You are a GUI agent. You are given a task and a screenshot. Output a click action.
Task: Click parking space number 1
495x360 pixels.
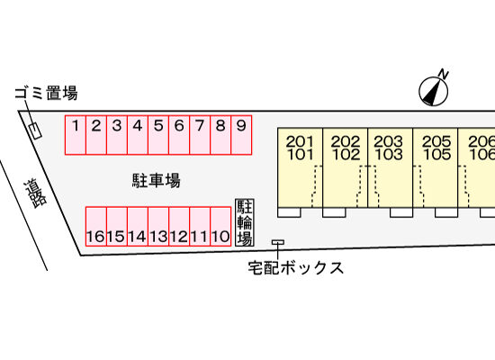coord(76,135)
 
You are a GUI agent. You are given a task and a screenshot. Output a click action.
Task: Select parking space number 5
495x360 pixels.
coord(158,135)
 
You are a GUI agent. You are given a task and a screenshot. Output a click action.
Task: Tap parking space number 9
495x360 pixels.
coord(241,135)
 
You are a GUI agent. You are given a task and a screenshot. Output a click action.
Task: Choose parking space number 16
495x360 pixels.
coord(96,227)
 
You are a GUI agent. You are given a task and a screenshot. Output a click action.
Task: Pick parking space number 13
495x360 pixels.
coord(158,227)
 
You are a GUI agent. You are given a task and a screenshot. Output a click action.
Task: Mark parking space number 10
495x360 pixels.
coord(220,227)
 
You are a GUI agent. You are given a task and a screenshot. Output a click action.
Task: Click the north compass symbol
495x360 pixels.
coord(434,90)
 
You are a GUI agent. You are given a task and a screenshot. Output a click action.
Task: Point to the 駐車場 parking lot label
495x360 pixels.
coord(156,180)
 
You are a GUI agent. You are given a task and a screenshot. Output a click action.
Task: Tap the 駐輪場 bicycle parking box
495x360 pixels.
coord(245,222)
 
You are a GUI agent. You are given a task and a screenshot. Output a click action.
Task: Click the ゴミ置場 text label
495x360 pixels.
coord(47,94)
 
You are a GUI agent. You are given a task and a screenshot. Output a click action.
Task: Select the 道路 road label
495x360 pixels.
coord(35,193)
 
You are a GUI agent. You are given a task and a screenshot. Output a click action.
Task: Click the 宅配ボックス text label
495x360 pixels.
coord(296,268)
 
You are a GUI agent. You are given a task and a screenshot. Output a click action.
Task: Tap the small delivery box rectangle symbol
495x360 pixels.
coord(278,242)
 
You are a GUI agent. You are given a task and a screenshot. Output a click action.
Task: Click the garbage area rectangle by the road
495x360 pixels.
coord(35,130)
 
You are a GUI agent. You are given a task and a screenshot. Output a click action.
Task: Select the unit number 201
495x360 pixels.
coord(300,141)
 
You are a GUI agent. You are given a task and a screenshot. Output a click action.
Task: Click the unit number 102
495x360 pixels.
coord(346,155)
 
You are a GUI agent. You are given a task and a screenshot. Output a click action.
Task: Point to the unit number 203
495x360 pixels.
coord(389,141)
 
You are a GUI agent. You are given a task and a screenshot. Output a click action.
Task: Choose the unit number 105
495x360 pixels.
coord(436,155)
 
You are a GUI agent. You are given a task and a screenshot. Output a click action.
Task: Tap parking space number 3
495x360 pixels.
coord(117,135)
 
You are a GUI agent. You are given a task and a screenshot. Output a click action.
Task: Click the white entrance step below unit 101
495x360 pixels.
coord(289,212)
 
